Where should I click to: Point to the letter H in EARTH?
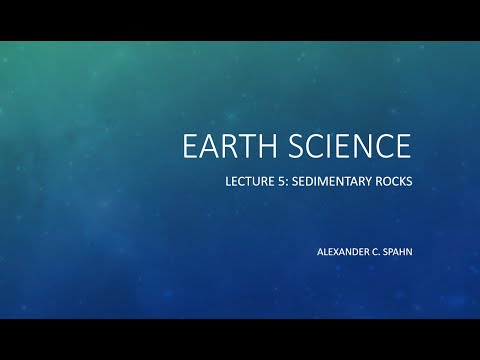click(256, 146)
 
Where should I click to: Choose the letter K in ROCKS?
click(401, 184)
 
